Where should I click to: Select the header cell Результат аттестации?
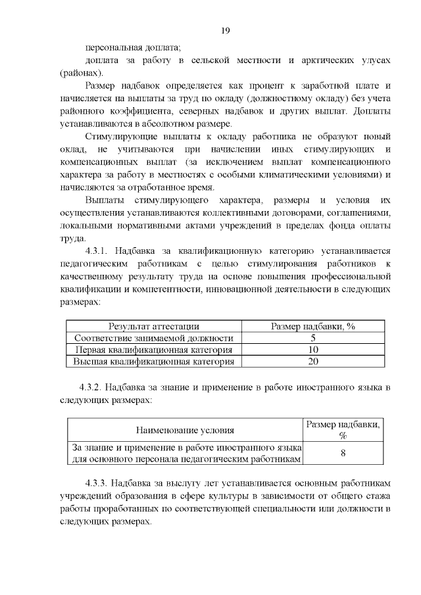(154, 326)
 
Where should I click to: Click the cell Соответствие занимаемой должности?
(154, 338)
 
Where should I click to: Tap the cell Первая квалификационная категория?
(154, 350)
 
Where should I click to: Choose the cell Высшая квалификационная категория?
(154, 362)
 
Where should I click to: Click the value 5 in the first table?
(313, 338)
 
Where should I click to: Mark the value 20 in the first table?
(313, 362)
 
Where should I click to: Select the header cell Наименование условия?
(185, 431)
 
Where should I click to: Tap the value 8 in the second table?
(343, 454)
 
